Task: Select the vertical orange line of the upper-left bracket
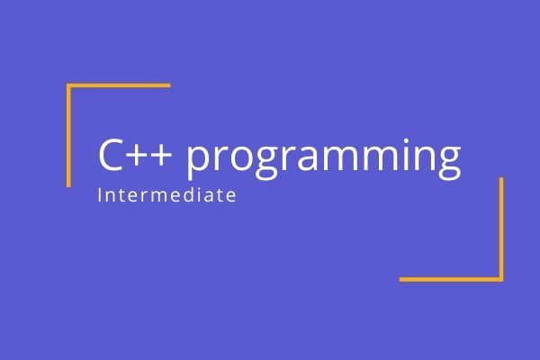[68, 135]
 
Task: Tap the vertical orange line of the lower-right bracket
[501, 229]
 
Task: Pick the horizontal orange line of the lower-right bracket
[451, 279]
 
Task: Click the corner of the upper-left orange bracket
[69, 86]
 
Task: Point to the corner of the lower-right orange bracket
[501, 279]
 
